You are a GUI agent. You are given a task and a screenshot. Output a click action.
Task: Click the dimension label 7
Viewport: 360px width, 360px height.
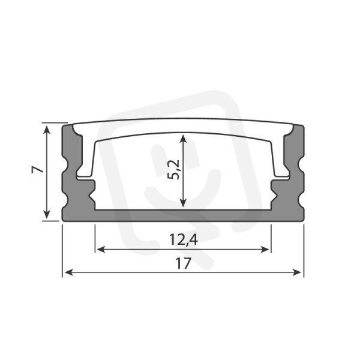(x=38, y=170)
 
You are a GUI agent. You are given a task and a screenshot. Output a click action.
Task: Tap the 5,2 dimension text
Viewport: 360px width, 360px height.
(x=173, y=169)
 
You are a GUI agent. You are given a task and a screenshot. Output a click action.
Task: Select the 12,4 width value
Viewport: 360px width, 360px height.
(x=184, y=239)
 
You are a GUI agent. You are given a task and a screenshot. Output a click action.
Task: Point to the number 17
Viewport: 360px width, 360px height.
(x=183, y=263)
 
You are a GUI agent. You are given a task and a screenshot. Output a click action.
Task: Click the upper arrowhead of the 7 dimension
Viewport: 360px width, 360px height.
(x=47, y=129)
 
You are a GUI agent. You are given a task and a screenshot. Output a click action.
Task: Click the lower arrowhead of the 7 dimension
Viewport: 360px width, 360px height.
(x=47, y=214)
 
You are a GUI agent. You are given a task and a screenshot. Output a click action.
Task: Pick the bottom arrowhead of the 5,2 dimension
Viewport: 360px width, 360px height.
(x=183, y=203)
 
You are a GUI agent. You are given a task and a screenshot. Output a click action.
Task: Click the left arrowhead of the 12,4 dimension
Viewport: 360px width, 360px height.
(x=101, y=250)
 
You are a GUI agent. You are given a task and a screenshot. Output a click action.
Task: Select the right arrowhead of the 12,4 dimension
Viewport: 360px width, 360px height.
(x=265, y=250)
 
